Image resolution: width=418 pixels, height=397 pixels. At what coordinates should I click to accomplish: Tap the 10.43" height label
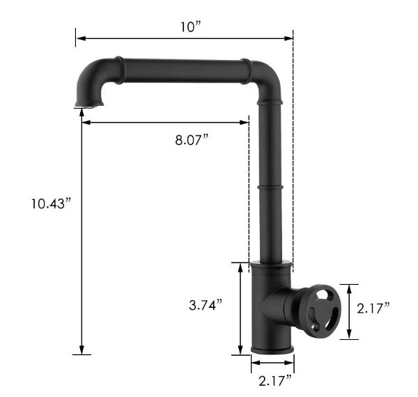pyautogui.click(x=52, y=203)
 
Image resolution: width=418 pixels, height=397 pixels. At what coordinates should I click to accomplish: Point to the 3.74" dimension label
pyautogui.click(x=205, y=304)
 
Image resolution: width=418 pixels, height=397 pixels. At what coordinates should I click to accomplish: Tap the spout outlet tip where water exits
pyautogui.click(x=89, y=105)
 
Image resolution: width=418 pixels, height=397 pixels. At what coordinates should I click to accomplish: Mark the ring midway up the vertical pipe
pyautogui.click(x=270, y=187)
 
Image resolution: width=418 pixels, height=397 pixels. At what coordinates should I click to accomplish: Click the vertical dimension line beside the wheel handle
pyautogui.click(x=350, y=311)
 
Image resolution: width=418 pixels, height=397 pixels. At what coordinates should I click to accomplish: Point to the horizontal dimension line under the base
pyautogui.click(x=272, y=363)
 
